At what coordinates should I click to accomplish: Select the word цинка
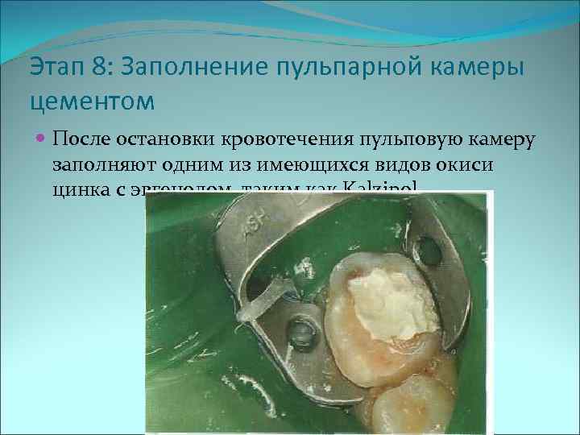tap(80, 190)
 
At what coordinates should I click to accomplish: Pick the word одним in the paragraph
tap(194, 164)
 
